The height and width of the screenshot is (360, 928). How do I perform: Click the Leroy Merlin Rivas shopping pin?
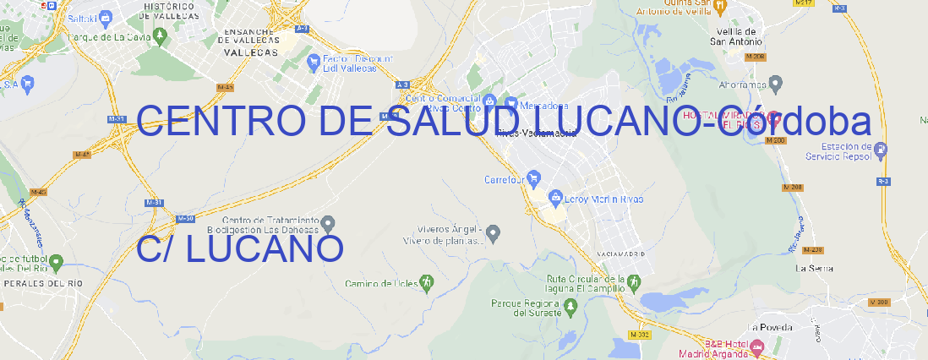[555, 199]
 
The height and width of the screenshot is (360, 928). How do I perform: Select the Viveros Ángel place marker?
[494, 232]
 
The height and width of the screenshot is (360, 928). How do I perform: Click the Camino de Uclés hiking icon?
[428, 281]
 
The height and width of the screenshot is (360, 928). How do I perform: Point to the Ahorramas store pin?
[776, 84]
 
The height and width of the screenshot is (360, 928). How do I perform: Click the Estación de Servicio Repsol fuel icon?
[882, 151]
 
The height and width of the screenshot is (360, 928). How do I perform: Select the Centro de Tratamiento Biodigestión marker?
[329, 224]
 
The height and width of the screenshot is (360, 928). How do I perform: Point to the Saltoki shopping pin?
[105, 16]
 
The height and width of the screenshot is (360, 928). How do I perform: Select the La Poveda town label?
[771, 327]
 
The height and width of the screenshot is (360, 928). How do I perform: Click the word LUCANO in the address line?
[264, 248]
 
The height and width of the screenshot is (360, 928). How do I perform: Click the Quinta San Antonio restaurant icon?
[719, 7]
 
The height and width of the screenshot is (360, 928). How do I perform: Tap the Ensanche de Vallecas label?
[250, 37]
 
